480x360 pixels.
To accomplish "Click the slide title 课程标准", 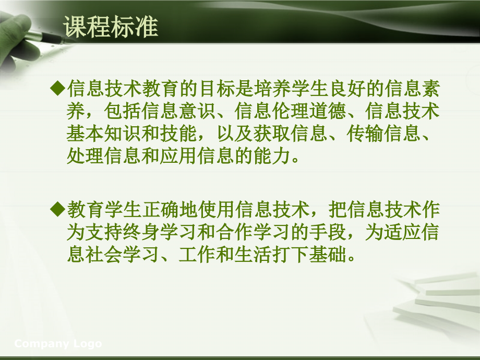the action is click(x=111, y=27).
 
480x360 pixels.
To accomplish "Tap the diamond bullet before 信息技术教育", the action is click(x=57, y=88).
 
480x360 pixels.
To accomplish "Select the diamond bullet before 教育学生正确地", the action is click(x=57, y=209).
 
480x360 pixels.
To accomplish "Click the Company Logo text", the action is click(x=58, y=343).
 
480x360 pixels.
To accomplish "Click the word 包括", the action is click(x=123, y=111).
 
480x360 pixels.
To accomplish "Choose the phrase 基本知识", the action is click(x=104, y=134).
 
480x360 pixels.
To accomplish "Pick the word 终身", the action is click(x=141, y=232).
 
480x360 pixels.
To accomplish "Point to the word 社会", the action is click(x=104, y=255).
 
